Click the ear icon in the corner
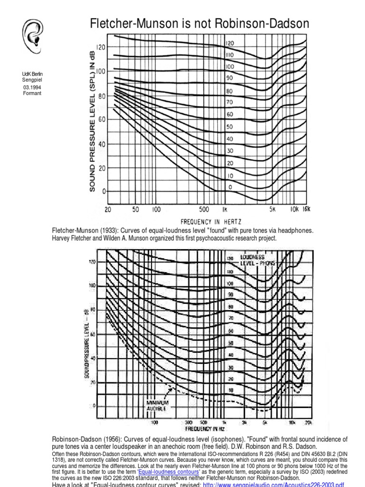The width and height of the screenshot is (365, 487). click(32, 35)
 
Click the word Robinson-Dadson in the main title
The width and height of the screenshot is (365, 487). click(260, 23)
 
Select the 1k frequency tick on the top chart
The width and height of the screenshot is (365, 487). click(223, 210)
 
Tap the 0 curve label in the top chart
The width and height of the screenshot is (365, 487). click(231, 187)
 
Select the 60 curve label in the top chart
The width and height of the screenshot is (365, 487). click(230, 115)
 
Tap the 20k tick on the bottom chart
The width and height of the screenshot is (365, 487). click(308, 422)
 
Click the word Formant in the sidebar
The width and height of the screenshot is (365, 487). click(32, 93)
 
